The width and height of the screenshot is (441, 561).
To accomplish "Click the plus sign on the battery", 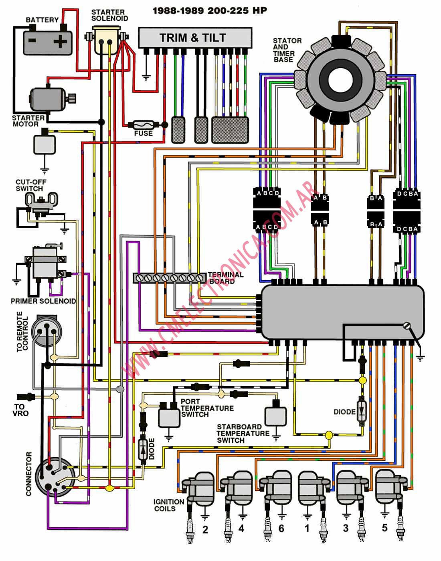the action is click(60, 41).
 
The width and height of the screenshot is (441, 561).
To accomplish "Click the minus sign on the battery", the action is click(32, 41).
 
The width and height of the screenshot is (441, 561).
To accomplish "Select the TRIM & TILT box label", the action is click(193, 38).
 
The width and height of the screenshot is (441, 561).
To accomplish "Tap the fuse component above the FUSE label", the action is click(144, 125).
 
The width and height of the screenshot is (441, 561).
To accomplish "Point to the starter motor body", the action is click(48, 99).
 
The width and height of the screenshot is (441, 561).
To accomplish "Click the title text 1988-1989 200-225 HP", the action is click(210, 11).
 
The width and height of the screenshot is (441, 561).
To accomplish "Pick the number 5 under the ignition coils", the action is click(384, 528).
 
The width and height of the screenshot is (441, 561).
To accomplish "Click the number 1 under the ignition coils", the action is click(307, 529).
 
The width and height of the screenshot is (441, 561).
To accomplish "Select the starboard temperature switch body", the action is click(275, 416).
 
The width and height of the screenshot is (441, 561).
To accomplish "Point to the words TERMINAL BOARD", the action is click(226, 278).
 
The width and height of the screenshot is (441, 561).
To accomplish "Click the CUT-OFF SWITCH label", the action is click(31, 185).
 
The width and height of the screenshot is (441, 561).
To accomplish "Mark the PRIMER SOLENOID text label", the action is click(43, 301).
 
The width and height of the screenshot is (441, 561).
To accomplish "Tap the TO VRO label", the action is click(20, 410).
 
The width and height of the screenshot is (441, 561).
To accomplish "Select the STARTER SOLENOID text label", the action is click(110, 15).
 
